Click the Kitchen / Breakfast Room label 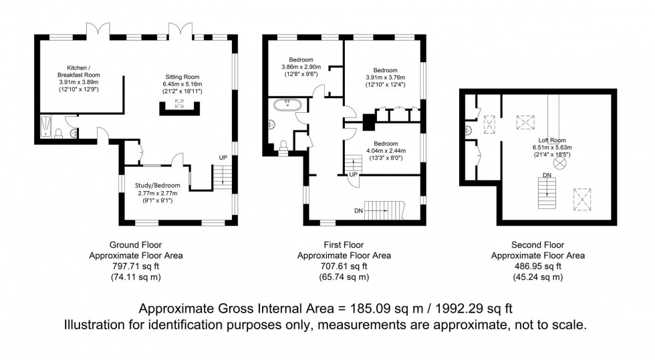(x=78, y=71)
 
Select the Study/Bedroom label (x=158, y=185)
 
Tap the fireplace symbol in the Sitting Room (x=179, y=104)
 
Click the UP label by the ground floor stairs (x=223, y=158)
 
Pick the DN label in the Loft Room (x=547, y=176)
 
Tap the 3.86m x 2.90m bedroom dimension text (x=301, y=67)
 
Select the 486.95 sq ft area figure (x=537, y=266)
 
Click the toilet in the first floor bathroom (x=284, y=144)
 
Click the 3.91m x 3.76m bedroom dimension (x=386, y=78)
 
